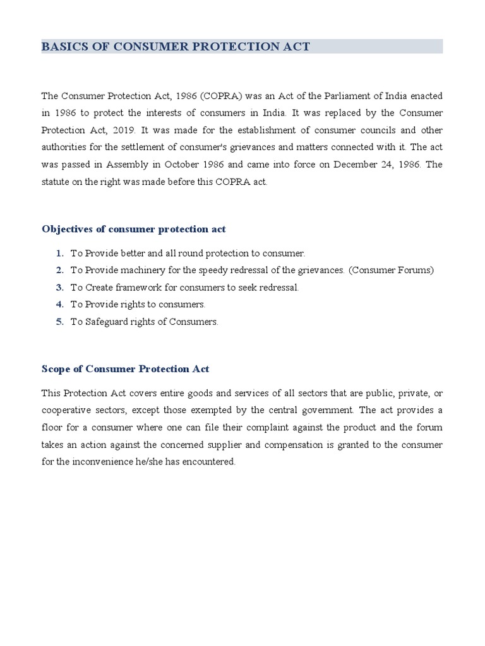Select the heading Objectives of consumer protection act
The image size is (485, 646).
[134, 228]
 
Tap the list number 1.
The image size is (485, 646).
[59, 253]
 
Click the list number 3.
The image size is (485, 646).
[59, 287]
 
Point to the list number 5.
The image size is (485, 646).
[59, 321]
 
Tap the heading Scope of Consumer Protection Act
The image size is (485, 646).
[126, 368]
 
